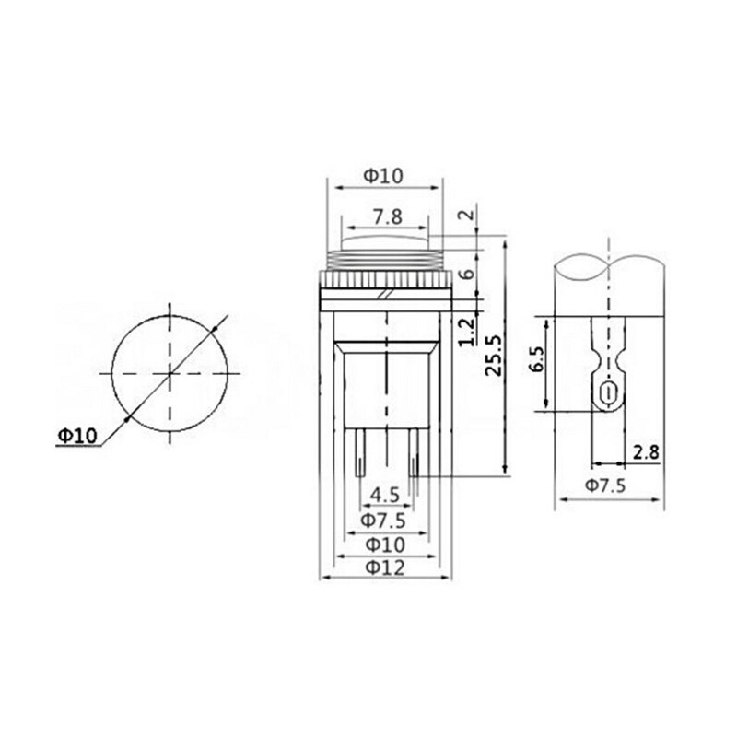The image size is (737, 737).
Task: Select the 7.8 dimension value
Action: click(386, 217)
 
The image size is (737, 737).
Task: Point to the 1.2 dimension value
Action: click(466, 329)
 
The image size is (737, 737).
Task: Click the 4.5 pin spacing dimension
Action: click(384, 496)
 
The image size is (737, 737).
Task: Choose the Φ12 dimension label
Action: click(386, 567)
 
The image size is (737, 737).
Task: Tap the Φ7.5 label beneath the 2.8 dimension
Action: click(604, 486)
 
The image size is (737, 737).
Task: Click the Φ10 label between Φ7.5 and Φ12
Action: click(385, 544)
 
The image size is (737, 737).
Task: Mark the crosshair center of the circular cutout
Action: click(170, 373)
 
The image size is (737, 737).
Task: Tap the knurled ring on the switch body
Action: click(385, 278)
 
